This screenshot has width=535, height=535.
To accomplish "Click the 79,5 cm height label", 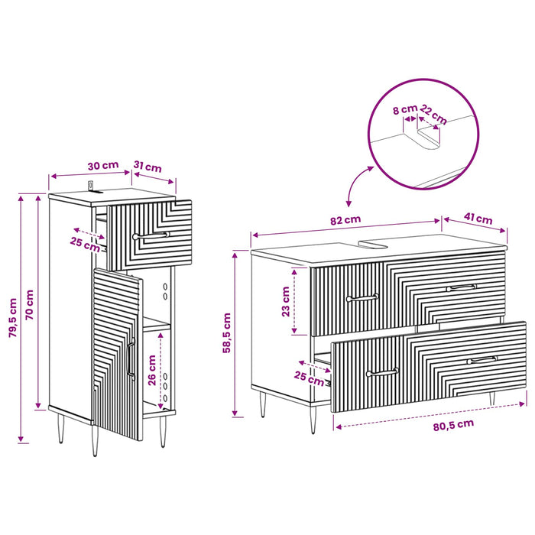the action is (13, 318).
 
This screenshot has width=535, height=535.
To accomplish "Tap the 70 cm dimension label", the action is (30, 305).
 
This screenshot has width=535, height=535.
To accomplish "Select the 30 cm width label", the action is (103, 166).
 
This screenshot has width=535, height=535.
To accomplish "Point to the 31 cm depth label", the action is (148, 167).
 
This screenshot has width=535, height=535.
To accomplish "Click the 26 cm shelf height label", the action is (152, 370).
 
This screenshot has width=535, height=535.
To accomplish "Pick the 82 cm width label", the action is (345, 220).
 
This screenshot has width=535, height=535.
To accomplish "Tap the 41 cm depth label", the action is (478, 219).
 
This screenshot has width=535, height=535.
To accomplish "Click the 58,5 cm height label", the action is (227, 333).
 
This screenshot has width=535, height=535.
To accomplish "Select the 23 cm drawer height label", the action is (286, 302).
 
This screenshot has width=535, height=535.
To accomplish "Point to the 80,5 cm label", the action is (453, 425).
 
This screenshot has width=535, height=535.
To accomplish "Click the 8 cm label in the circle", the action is (405, 109).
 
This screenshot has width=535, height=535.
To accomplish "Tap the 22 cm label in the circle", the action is (433, 115).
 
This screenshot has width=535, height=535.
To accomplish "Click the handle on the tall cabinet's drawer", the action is (151, 235).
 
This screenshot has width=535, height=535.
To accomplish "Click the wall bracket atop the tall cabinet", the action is (92, 188).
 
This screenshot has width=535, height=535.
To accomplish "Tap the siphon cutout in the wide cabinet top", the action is (373, 244).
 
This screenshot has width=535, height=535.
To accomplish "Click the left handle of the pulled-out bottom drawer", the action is (382, 372).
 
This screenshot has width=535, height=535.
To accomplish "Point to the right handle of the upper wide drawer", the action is (462, 288).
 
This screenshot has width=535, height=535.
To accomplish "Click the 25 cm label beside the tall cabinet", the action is (85, 245).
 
